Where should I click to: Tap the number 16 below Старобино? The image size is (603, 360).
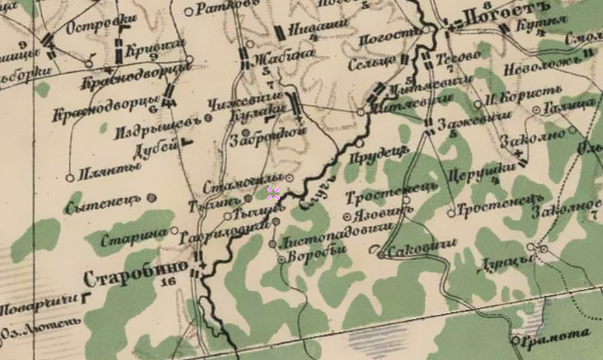click(168, 282)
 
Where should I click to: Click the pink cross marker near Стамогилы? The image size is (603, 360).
click(273, 193)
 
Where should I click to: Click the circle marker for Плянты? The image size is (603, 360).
click(70, 178)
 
